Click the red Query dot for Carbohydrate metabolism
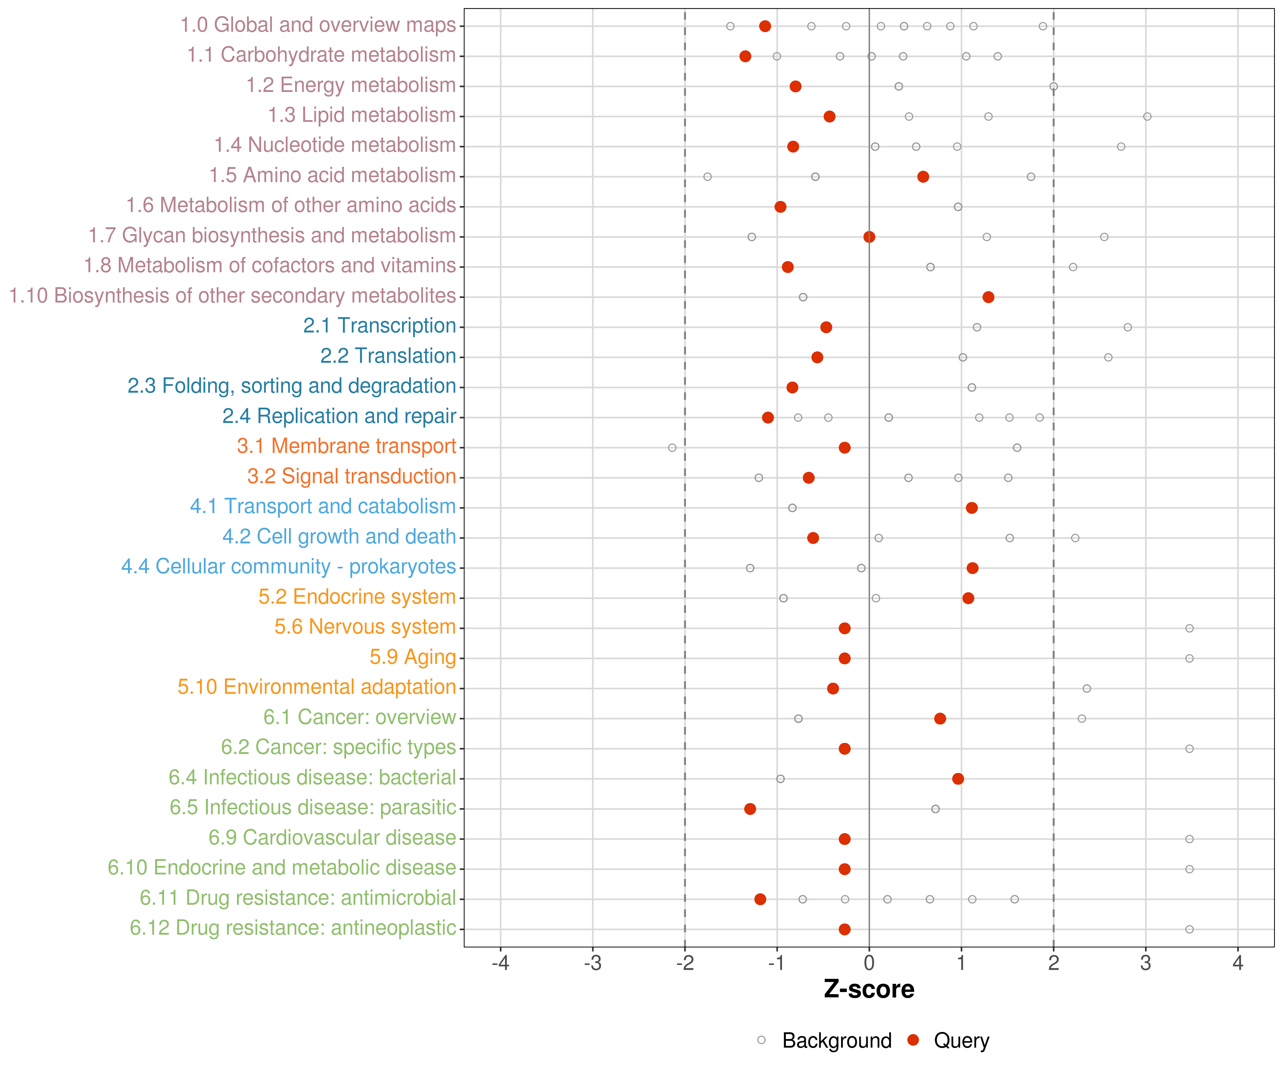click(745, 56)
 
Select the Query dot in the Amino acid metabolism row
click(923, 176)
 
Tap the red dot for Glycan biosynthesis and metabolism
click(869, 237)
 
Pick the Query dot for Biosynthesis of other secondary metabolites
click(988, 297)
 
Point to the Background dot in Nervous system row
click(1189, 628)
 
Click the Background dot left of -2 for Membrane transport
click(672, 448)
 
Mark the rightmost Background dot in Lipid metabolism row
click(1147, 117)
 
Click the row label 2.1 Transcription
click(380, 326)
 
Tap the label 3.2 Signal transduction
click(351, 476)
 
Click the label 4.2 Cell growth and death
click(339, 536)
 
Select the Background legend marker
click(761, 1040)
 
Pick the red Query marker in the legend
click(913, 1040)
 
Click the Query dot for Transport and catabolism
click(972, 508)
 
